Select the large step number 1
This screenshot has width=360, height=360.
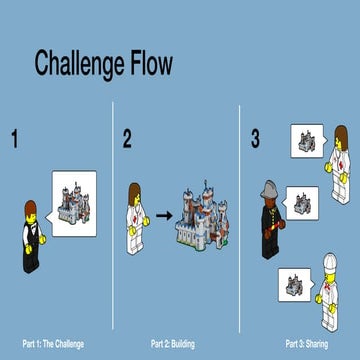[14, 139]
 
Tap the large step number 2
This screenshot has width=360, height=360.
[127, 139]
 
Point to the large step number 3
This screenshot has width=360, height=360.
[255, 139]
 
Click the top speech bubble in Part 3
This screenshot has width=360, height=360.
[305, 142]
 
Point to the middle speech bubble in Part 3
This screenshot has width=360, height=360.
[305, 202]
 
